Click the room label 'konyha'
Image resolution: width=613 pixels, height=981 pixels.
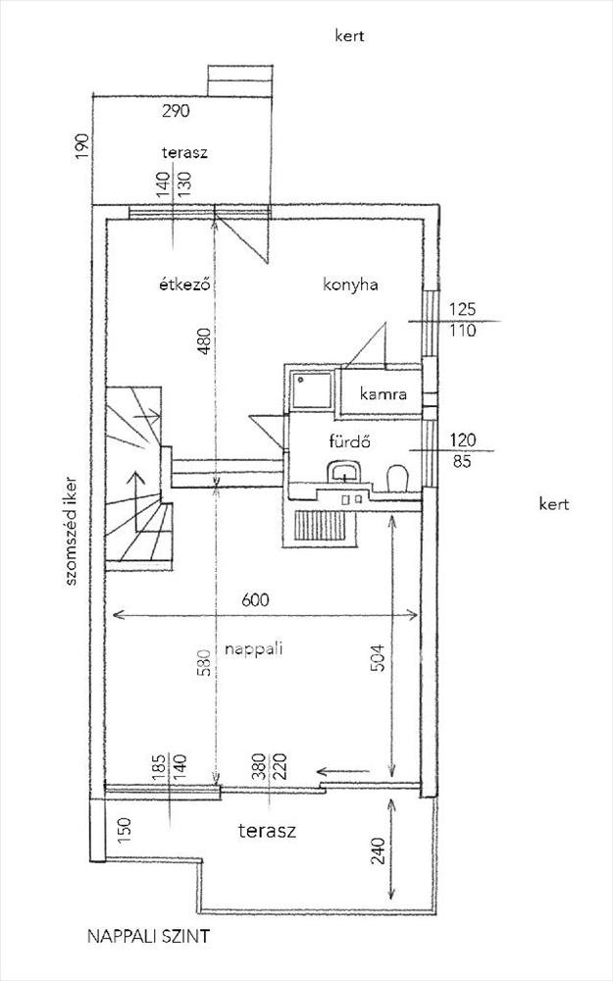coord(350,285)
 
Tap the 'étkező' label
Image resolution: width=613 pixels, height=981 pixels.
coord(183,284)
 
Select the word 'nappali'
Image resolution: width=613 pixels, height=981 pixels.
coord(253,649)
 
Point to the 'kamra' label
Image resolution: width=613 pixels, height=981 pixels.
coord(383,394)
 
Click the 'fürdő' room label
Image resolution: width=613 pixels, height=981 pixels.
coord(350,441)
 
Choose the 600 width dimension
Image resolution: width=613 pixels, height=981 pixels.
coord(255,600)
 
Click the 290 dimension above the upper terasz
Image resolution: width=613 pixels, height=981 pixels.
coord(176,112)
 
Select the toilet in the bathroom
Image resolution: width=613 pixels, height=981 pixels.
coord(396,479)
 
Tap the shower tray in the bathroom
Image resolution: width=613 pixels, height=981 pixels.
coord(310,390)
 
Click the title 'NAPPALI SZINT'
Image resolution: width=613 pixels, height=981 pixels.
coord(148,937)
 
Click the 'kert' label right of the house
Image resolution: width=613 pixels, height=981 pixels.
coord(554,503)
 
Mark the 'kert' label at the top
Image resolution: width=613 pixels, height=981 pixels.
coord(350,35)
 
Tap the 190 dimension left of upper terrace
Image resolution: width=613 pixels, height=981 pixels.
coord(83,146)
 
